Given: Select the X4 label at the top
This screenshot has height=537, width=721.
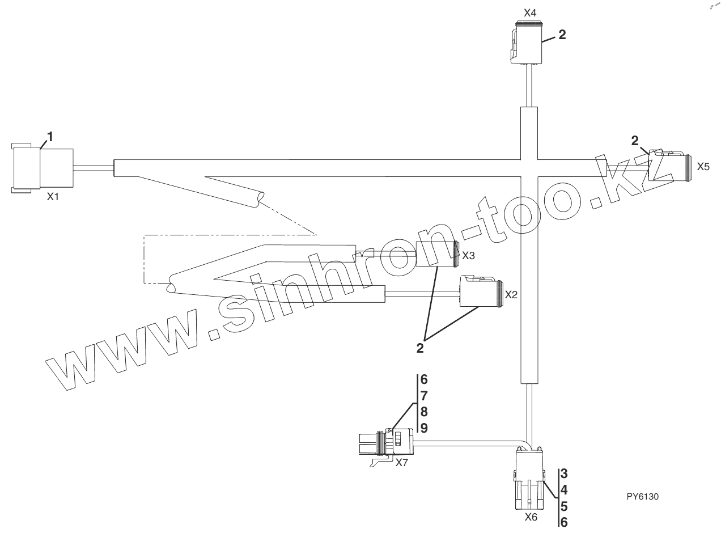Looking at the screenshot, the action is coord(530,11).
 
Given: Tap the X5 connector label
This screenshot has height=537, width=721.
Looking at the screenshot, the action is coord(703,167).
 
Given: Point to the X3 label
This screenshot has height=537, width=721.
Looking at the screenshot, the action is coord(468,256).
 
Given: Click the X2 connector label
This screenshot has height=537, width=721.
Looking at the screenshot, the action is coord(511,295).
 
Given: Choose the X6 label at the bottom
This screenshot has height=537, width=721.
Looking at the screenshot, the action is coord(531,517).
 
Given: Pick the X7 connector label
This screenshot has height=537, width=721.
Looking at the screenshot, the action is coord(401,462).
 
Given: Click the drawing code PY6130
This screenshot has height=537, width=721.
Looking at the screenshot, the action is coord(643,496).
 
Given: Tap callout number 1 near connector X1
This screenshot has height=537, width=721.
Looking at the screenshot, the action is coord(50,136).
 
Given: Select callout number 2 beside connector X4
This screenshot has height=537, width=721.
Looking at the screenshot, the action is coord(562,34).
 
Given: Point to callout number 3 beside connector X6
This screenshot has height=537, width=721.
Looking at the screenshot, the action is coord(564,472).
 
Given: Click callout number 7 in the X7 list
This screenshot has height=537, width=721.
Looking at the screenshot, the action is coord(423,396).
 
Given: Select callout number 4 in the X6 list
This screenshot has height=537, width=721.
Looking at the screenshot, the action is coord(564,489).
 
